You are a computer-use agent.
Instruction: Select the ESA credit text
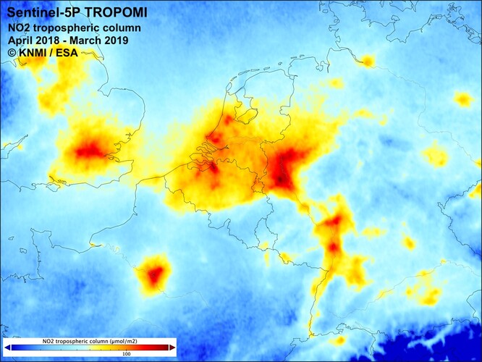(x=71, y=52)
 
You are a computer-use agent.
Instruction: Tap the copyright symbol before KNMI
(x=12, y=52)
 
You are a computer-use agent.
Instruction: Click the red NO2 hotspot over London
(x=90, y=151)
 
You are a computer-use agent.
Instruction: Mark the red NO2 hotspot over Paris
(x=154, y=274)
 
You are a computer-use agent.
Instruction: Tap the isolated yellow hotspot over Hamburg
(x=367, y=61)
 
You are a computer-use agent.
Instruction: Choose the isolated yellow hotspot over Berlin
(x=463, y=98)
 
